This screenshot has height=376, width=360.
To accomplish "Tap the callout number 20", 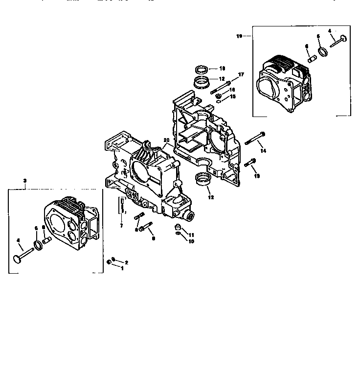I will pyautogui.click(x=166, y=141).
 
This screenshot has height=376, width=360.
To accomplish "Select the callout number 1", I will pyautogui.click(x=122, y=268).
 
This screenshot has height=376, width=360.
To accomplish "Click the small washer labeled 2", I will pyautogui.click(x=113, y=260).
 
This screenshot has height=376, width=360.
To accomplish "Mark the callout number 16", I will pyautogui.click(x=233, y=90).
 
